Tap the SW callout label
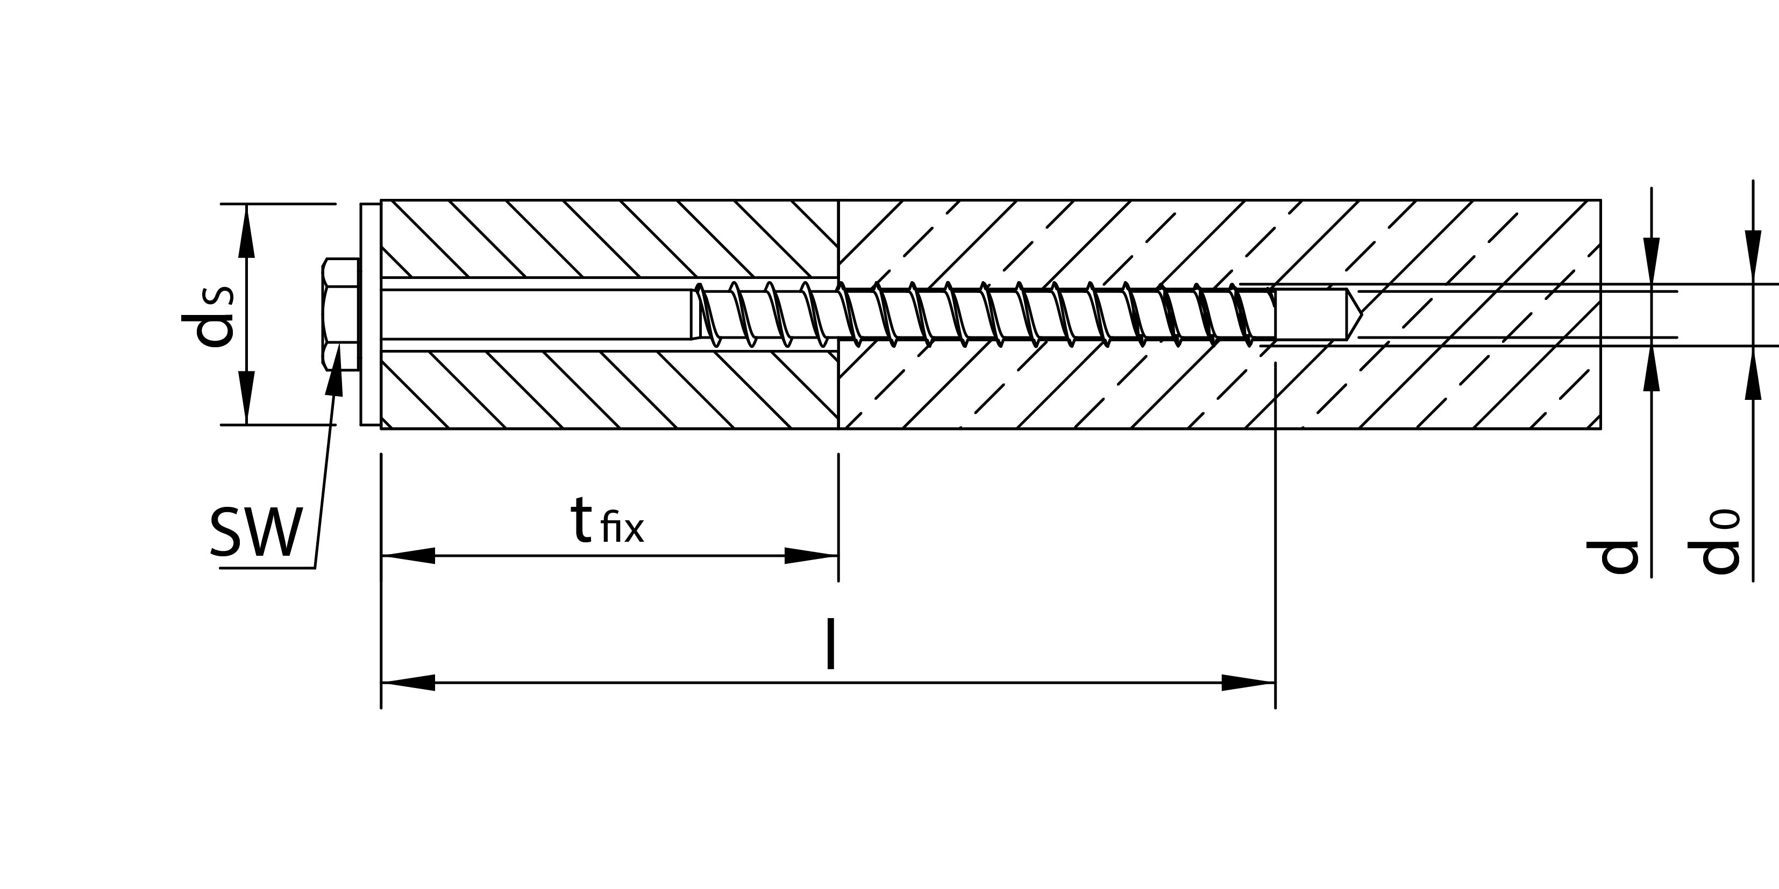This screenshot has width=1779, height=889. pos(256,532)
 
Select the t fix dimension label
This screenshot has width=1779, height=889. pos(606,522)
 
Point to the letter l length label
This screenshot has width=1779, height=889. pos(831,644)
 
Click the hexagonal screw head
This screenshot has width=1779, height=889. pos(340,315)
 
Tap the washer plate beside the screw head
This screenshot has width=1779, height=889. pos(369,315)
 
